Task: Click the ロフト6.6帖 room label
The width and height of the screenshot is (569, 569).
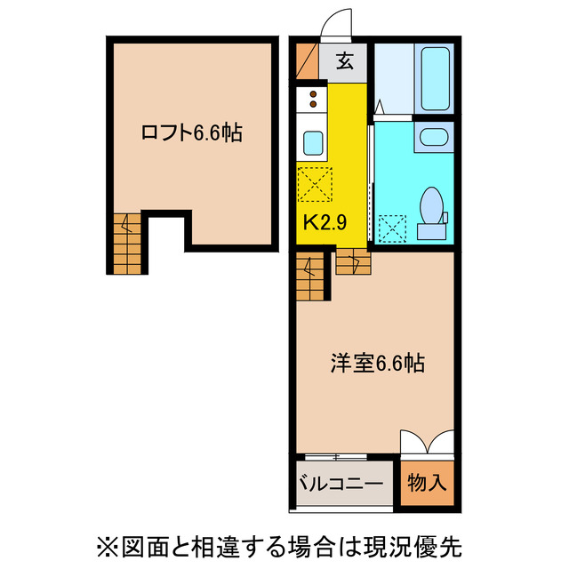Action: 192,134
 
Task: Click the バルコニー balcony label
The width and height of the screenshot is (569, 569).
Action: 340,485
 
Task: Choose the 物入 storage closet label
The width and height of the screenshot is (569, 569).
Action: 427,485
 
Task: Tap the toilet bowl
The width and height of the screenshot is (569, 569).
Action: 434,206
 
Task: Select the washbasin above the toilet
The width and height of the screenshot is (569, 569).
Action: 434,138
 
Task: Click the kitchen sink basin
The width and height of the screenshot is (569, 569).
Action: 313,143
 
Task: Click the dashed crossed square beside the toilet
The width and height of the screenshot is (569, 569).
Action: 391,228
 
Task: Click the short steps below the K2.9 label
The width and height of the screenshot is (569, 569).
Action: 350,261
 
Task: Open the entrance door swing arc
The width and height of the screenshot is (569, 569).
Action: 339,25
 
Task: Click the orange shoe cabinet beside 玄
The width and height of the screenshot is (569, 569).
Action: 307,60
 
